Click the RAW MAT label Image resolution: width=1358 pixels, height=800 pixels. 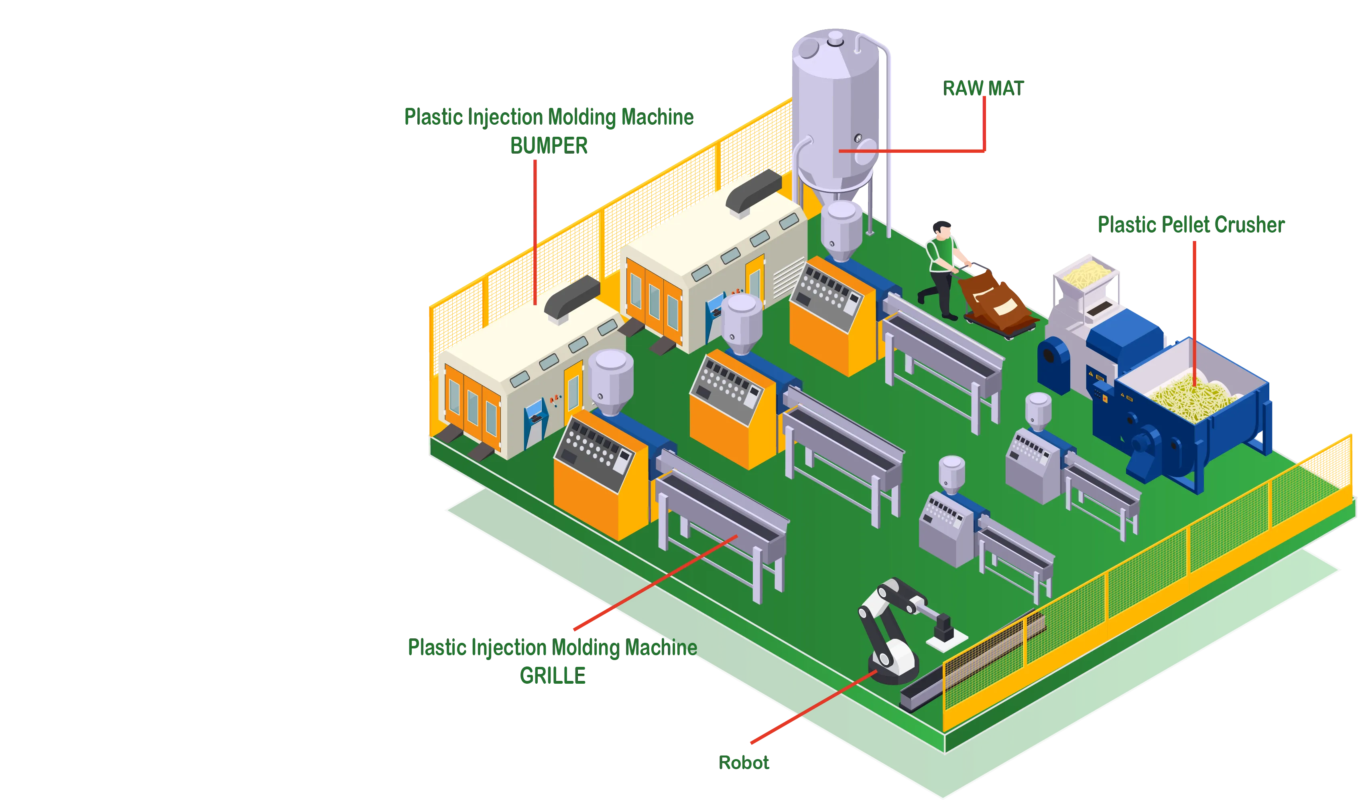(983, 88)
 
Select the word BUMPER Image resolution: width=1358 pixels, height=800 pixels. (549, 146)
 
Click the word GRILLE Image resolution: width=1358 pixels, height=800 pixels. (552, 675)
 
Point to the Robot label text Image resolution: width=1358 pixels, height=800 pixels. (744, 762)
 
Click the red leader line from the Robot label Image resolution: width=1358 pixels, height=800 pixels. (813, 707)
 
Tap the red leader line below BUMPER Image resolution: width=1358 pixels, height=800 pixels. (535, 232)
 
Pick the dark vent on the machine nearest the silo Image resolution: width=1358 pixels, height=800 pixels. (753, 191)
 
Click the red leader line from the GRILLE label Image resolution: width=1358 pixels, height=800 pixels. (655, 582)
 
